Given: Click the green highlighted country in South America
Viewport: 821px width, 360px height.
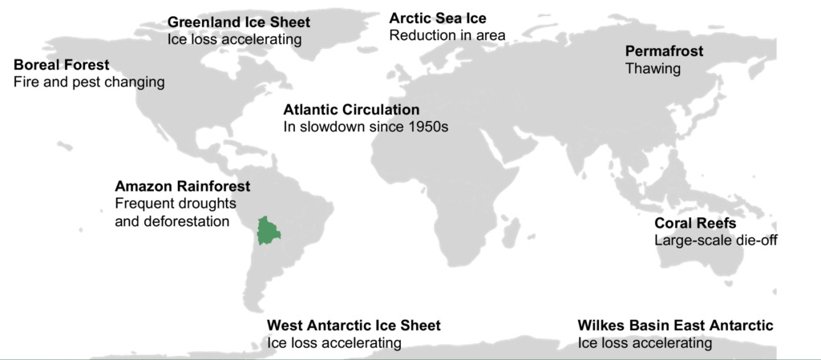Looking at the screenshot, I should click(x=268, y=230).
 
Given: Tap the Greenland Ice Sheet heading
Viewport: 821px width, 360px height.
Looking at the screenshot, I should click(x=238, y=22).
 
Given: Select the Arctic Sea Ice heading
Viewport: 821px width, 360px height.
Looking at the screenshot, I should click(x=437, y=18).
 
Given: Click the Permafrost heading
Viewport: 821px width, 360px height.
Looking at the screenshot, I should click(x=664, y=51).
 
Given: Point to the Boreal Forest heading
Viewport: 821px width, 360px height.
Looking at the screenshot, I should click(x=62, y=65).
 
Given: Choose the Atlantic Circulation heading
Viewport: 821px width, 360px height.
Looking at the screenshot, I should click(x=351, y=110).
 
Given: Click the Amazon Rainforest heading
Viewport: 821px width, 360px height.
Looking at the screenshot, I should click(x=182, y=186).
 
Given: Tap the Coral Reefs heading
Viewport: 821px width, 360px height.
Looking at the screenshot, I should click(x=694, y=223).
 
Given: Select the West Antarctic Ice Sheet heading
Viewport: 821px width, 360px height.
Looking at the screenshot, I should click(x=354, y=326).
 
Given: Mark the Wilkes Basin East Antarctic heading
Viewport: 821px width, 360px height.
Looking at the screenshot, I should click(x=675, y=326).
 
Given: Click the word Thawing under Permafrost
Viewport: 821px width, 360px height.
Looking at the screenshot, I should click(x=653, y=69).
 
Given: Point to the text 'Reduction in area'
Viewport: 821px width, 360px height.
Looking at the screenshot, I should click(x=447, y=36).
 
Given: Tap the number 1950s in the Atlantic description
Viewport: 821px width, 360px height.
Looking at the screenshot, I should click(x=426, y=127).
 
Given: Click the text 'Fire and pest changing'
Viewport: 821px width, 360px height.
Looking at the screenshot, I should click(x=89, y=83).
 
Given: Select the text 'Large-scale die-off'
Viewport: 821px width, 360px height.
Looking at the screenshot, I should click(x=716, y=241).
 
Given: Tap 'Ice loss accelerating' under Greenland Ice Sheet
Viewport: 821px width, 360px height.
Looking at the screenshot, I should click(x=234, y=39).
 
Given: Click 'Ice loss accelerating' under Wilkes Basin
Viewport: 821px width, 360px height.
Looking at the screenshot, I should click(x=645, y=343).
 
